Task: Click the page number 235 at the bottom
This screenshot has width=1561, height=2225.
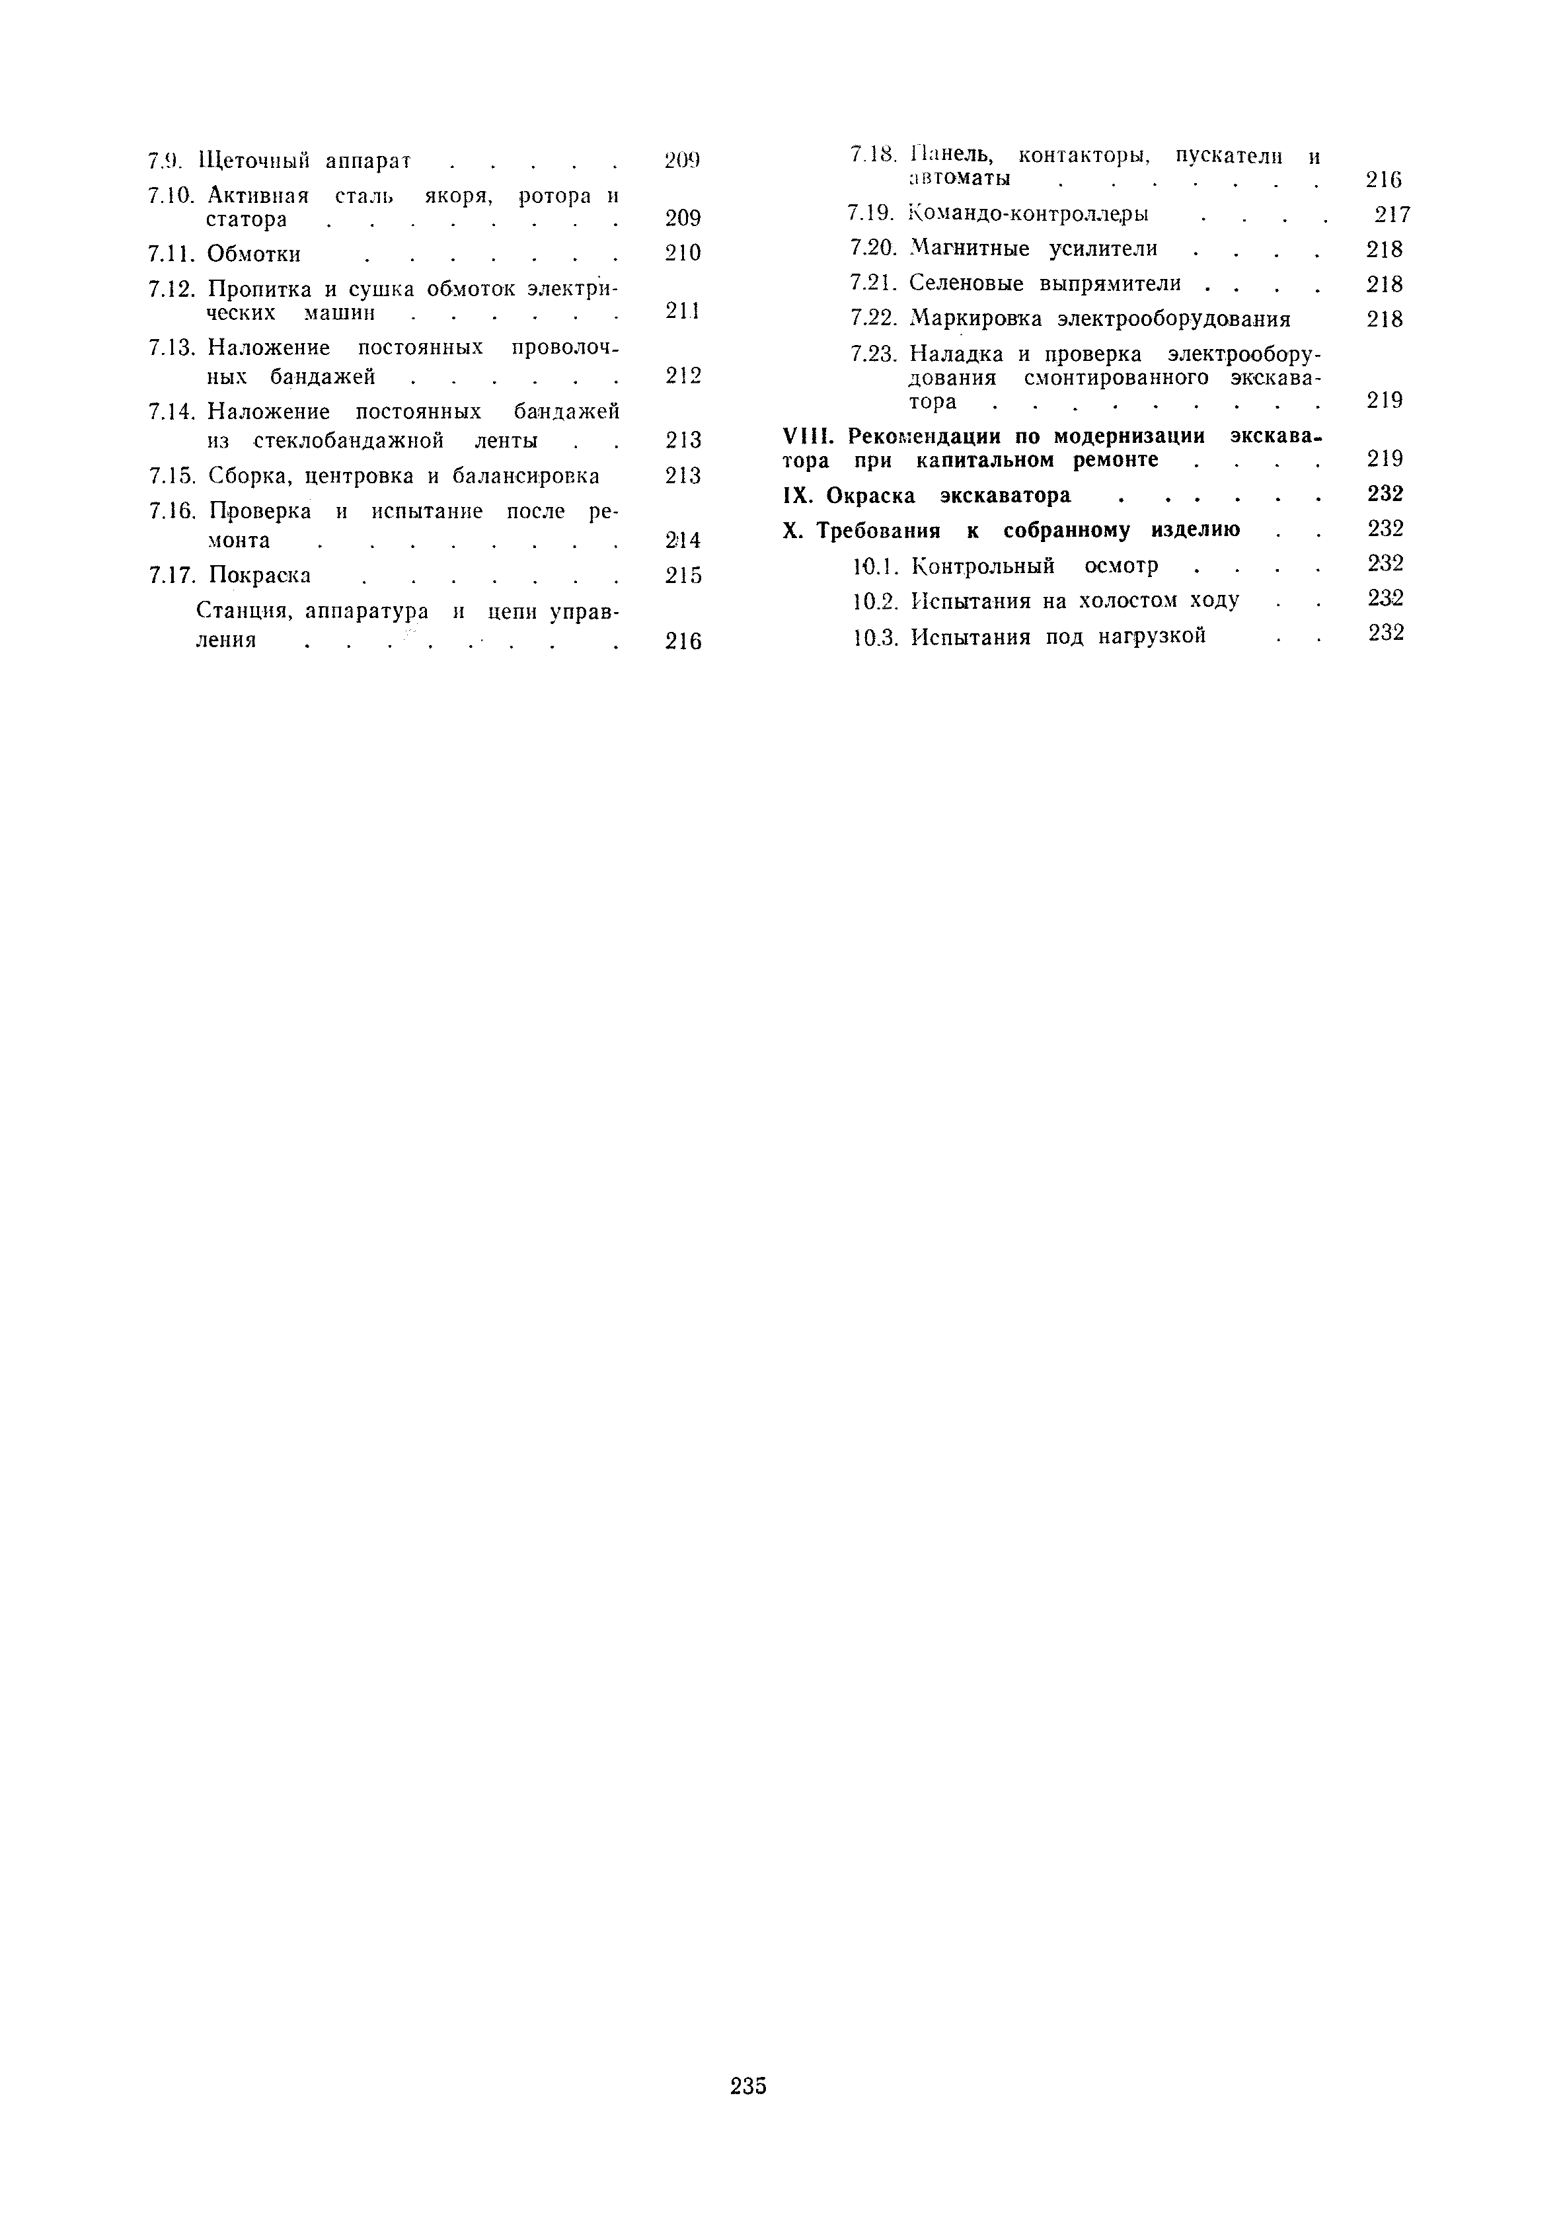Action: pos(748,2086)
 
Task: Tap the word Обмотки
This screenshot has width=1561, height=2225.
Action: pos(254,254)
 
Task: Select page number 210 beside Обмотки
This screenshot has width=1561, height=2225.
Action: pos(683,253)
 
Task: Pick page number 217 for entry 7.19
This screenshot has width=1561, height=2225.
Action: pos(1392,214)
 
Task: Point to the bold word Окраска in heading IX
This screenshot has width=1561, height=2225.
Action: pos(870,495)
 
